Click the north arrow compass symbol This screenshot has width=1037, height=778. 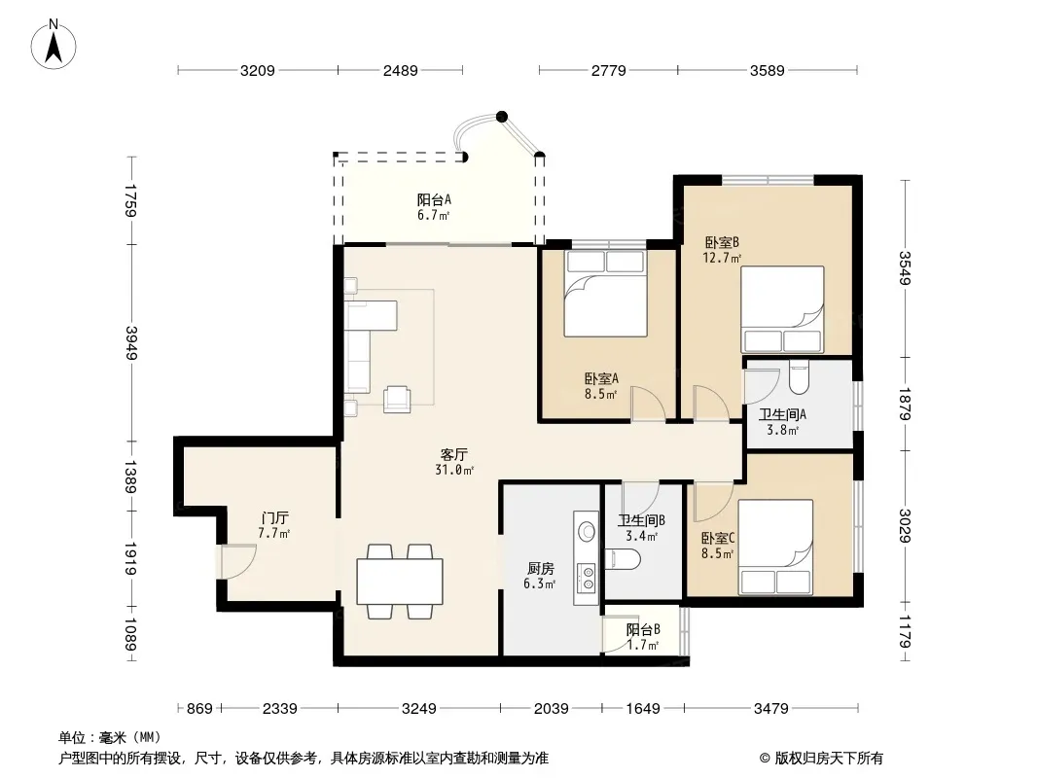(54, 45)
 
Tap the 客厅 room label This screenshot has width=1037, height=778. (453, 455)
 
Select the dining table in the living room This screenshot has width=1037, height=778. (400, 581)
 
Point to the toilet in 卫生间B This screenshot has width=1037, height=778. (623, 559)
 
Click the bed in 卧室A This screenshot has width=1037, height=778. (605, 294)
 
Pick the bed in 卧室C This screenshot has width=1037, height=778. (775, 547)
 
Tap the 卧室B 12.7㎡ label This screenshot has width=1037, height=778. (721, 250)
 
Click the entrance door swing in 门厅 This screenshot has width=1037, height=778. (237, 561)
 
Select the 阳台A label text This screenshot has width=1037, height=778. (434, 199)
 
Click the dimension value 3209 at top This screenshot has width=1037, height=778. (257, 70)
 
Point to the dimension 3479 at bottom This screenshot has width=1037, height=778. (771, 709)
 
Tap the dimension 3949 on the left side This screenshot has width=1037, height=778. (131, 343)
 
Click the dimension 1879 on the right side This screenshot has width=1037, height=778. (905, 404)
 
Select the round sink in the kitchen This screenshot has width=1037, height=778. (586, 531)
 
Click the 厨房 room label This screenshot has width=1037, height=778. (540, 569)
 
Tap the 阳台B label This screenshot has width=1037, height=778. (643, 630)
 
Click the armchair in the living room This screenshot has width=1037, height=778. (397, 400)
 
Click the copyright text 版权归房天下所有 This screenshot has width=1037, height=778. (829, 759)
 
